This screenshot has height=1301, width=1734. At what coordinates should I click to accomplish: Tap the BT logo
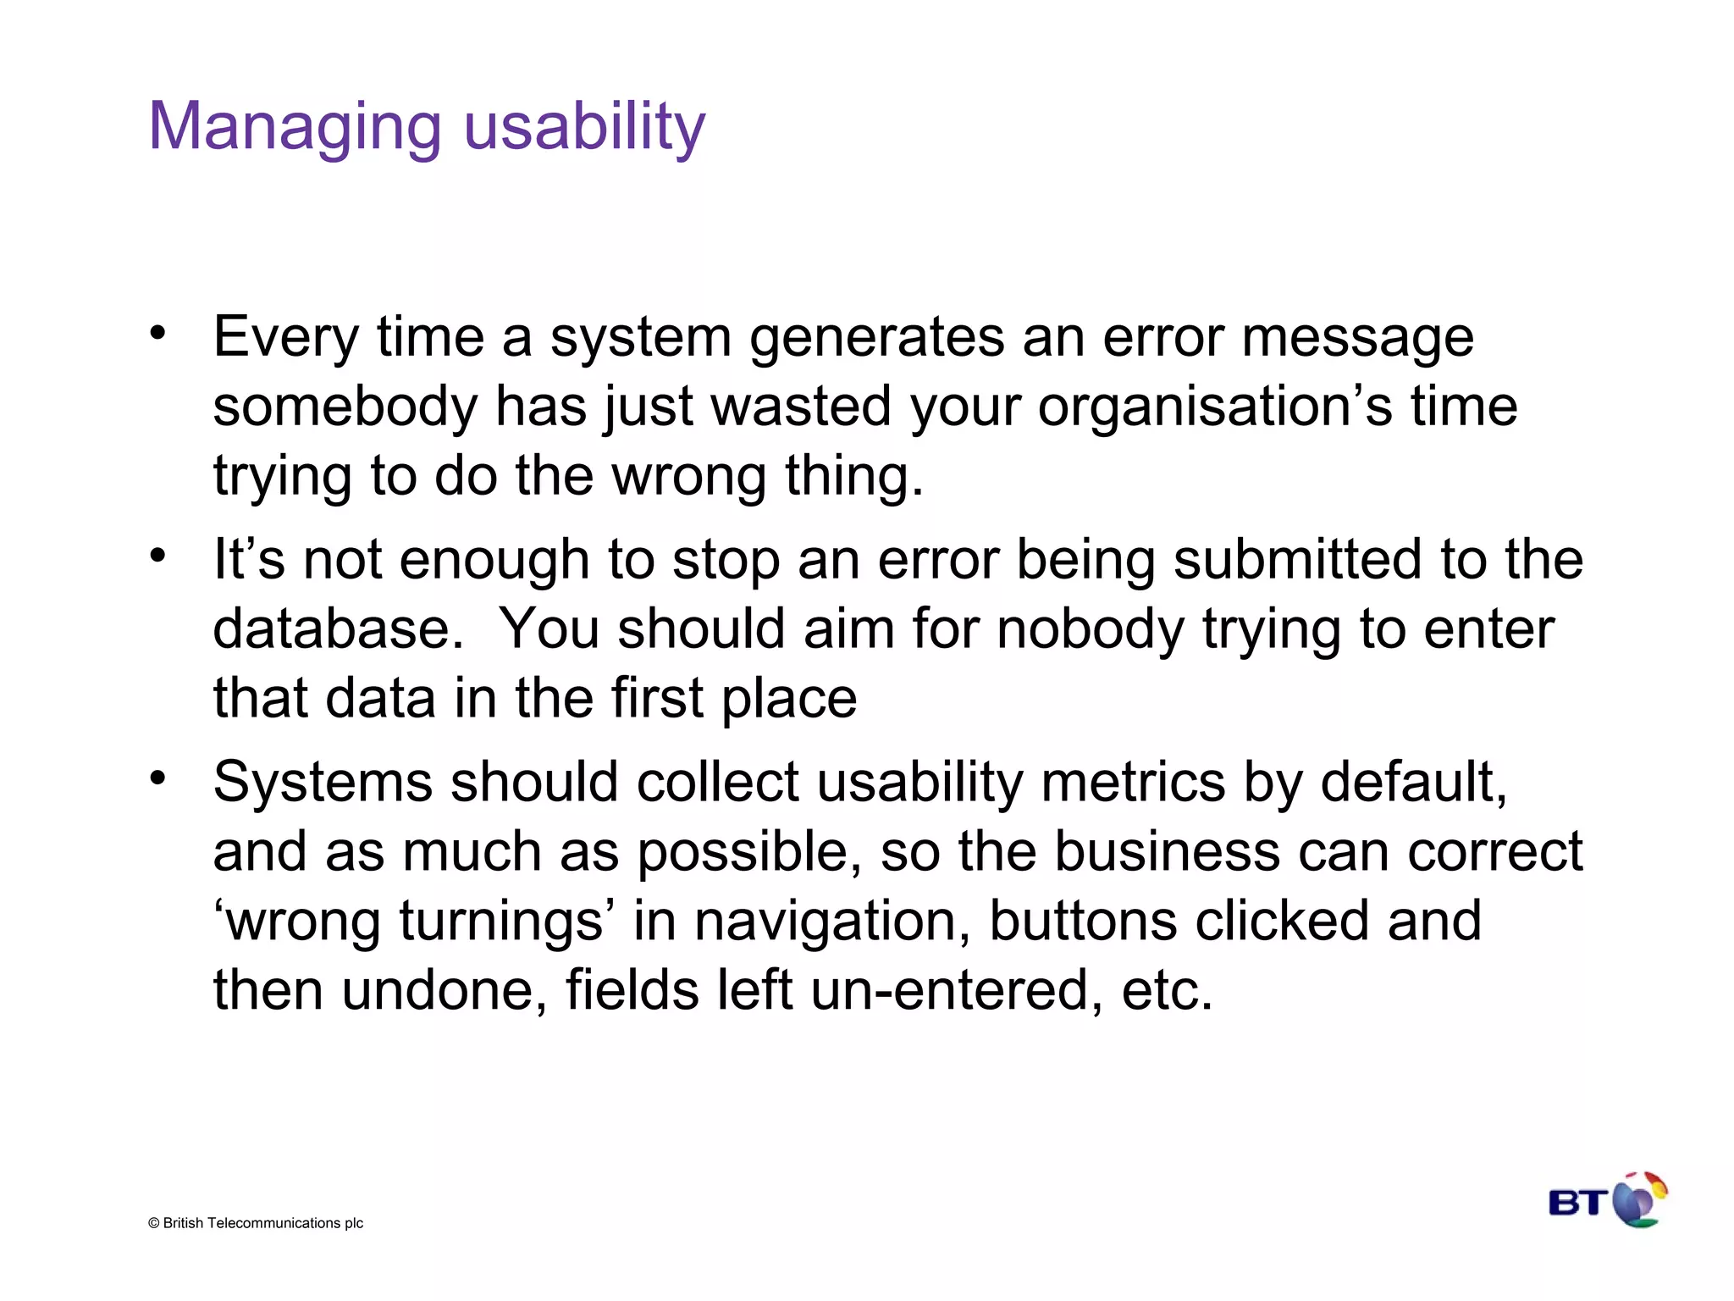[1607, 1200]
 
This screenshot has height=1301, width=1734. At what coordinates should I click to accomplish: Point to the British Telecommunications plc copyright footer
[256, 1223]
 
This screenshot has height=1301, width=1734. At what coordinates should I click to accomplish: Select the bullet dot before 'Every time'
[157, 333]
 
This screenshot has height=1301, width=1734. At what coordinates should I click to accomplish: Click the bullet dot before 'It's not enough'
[157, 556]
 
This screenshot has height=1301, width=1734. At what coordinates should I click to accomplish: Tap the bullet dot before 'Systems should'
[157, 778]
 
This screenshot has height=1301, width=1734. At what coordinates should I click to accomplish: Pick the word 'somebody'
[345, 407]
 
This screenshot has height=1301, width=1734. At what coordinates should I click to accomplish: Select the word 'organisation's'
[1214, 407]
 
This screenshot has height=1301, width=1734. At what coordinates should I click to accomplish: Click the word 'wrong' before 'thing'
[688, 477]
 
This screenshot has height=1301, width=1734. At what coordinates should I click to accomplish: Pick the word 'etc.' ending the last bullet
[1167, 990]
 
